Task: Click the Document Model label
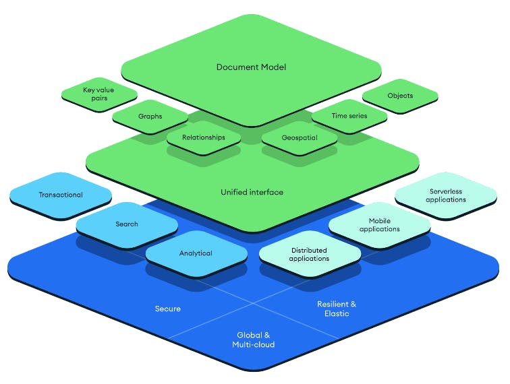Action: pyautogui.click(x=251, y=67)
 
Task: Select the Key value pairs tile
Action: pyautogui.click(x=99, y=94)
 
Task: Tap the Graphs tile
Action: pyautogui.click(x=150, y=117)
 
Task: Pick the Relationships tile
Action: pyautogui.click(x=203, y=138)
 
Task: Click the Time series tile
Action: pyautogui.click(x=349, y=116)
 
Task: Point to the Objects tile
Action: pyautogui.click(x=400, y=96)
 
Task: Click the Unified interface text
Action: pyautogui.click(x=252, y=193)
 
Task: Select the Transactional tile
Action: pyautogui.click(x=61, y=195)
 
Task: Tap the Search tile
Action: pyautogui.click(x=126, y=224)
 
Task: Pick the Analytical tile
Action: pyautogui.click(x=196, y=254)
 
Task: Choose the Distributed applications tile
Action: pyautogui.click(x=309, y=255)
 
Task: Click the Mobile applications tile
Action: pyautogui.click(x=384, y=225)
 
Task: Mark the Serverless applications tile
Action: pyautogui.click(x=446, y=195)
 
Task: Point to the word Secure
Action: pyautogui.click(x=167, y=309)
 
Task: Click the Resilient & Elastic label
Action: pyautogui.click(x=337, y=309)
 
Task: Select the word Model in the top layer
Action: pyautogui.click(x=273, y=67)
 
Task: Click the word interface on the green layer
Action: pyautogui.click(x=265, y=193)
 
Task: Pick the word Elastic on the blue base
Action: pyautogui.click(x=337, y=313)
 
